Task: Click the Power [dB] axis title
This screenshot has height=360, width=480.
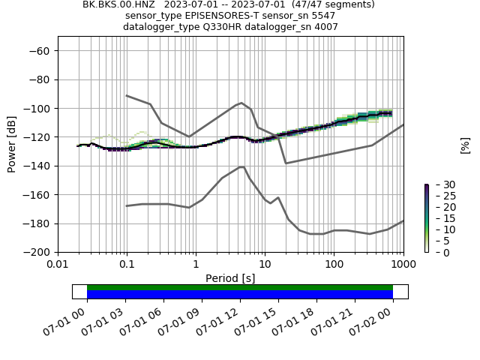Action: tap(12, 144)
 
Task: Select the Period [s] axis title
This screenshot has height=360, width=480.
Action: tap(230, 278)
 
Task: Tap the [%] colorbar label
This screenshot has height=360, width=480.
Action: tap(465, 145)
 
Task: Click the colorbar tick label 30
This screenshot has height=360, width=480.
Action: tap(440, 184)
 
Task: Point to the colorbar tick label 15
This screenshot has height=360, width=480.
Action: tap(440, 218)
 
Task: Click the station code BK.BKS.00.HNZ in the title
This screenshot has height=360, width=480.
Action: tap(118, 4)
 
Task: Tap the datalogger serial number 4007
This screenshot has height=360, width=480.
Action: tap(323, 27)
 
